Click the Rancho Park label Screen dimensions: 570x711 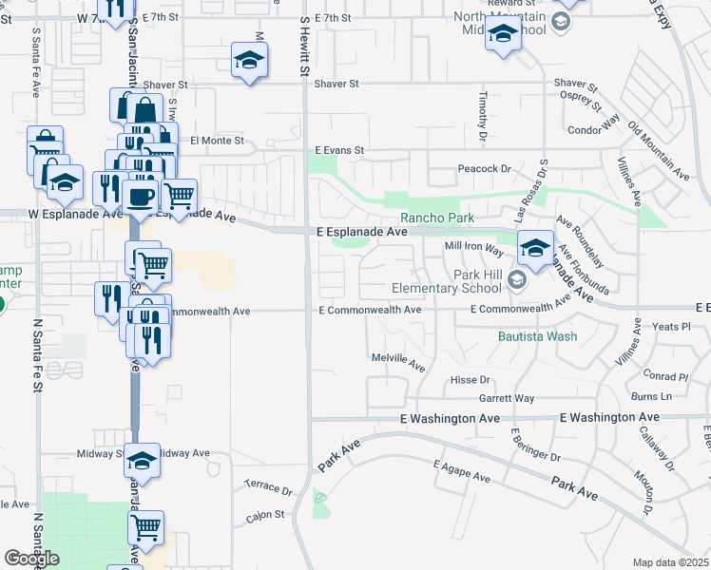(436, 217)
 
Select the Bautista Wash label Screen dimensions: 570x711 (537, 335)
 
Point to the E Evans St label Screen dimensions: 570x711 (340, 150)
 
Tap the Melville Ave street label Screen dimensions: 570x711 (397, 360)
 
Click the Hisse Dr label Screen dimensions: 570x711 (470, 379)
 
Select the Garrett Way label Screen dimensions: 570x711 (507, 398)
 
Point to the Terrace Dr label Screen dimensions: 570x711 (268, 488)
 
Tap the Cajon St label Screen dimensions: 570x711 (266, 515)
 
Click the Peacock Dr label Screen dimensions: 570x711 (485, 168)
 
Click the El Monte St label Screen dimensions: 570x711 (217, 141)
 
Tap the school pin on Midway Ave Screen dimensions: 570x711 (142, 461)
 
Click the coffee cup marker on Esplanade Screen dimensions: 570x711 (140, 198)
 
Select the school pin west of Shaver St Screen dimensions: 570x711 (248, 62)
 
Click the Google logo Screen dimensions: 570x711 (32, 558)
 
